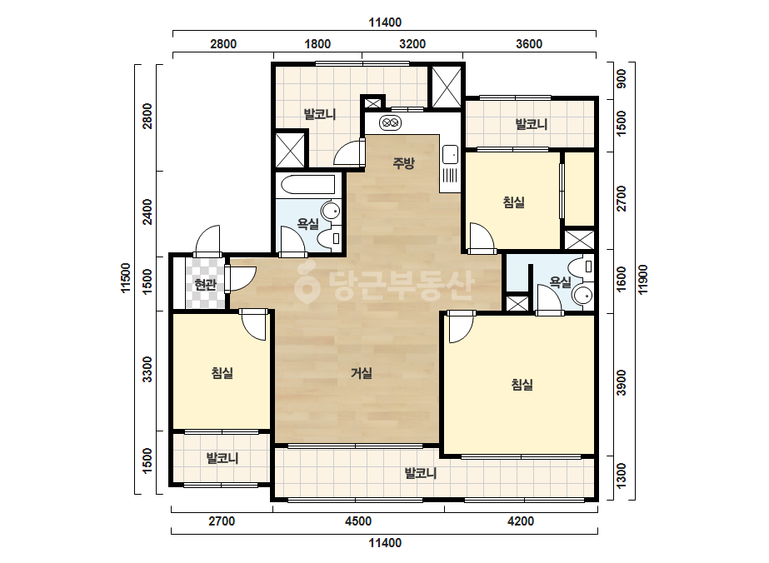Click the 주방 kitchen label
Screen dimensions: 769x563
coord(403,162)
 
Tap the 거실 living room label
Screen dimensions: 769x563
coord(362,373)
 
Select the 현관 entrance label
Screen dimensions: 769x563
coord(206,285)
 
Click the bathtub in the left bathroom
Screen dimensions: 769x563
coord(308,184)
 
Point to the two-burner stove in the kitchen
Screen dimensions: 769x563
coord(391,122)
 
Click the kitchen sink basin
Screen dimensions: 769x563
coord(450,154)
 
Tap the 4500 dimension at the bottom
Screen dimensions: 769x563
coord(358,521)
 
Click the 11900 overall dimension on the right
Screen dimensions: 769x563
coord(643,280)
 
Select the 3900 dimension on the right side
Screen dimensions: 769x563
coord(622,382)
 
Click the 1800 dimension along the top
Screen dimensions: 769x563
coord(317,44)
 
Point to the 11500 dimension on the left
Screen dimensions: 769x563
coord(126,278)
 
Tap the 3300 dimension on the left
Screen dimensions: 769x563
coord(147,370)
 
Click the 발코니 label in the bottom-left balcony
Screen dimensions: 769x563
coord(222,459)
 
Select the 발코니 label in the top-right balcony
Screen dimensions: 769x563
coord(532,124)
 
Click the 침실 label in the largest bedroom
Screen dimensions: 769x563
coord(522,385)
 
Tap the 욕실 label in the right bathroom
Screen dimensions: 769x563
coord(560,282)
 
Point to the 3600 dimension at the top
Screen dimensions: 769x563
coord(529,44)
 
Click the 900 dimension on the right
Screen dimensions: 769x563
coord(622,78)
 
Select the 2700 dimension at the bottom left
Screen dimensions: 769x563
coord(222,521)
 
